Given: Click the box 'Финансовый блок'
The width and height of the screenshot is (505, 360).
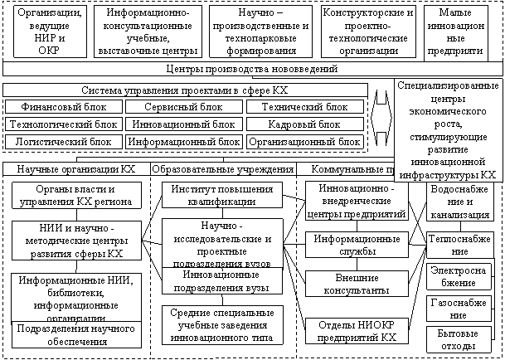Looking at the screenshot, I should pos(63,107).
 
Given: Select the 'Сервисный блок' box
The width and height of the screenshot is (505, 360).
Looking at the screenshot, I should pos(183,107).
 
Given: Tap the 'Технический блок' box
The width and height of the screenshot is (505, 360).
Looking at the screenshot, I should pos(304,107).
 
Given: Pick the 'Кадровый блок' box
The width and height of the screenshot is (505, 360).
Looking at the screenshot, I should pos(304,124).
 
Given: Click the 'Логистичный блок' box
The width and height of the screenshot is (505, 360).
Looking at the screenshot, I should pos(63,141).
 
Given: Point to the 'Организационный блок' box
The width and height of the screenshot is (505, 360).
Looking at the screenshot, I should pos(304,141).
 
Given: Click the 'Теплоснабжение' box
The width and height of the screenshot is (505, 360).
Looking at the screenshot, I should pos(459,243).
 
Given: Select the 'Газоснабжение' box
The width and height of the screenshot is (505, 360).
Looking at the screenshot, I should pos(459,309).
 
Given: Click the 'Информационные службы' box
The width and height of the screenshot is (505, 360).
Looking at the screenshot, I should pos(357,243).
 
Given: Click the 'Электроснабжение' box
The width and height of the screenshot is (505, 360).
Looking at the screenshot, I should pos(459,276).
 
